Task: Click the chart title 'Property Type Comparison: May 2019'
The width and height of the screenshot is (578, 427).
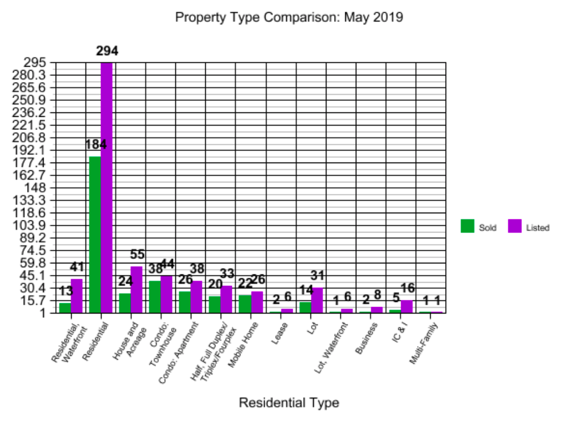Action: tap(289, 18)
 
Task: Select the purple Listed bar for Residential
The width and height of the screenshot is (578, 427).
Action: tap(106, 187)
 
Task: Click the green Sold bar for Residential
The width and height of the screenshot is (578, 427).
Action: tap(95, 235)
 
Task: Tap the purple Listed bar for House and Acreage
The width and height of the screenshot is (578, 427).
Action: tap(136, 290)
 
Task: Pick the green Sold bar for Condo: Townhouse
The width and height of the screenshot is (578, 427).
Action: tap(154, 297)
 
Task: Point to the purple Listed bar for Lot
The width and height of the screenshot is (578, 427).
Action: tap(317, 300)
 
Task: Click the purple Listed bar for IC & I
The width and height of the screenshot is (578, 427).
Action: tap(406, 307)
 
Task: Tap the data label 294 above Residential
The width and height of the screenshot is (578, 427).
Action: tap(107, 51)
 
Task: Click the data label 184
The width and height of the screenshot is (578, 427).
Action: tap(95, 145)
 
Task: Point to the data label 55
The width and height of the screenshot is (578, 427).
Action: tap(137, 255)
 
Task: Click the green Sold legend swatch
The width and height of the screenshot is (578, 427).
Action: tap(468, 226)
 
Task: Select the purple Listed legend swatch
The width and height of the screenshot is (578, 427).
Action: tap(514, 226)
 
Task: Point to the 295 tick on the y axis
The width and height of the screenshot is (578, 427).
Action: tap(42, 63)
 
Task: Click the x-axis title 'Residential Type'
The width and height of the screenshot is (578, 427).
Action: tap(289, 403)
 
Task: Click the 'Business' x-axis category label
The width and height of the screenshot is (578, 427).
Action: tap(367, 337)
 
